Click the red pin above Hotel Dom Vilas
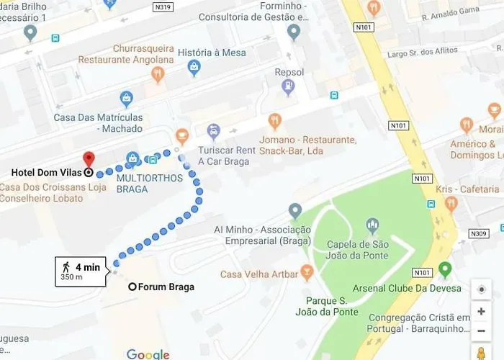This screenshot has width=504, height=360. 89,159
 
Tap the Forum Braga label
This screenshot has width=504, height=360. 166,287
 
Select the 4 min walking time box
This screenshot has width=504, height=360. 81,271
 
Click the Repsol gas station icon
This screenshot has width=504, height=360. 289,87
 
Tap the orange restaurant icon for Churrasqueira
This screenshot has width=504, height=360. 158,73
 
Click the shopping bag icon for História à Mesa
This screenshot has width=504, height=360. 194,68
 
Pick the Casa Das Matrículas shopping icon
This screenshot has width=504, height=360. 127,99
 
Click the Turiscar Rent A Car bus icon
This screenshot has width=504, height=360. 213,131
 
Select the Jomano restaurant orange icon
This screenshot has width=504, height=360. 274,121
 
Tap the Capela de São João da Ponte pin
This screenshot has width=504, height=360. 372,226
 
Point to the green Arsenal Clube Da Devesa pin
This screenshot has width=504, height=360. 445,270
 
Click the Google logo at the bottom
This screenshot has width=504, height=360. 148,354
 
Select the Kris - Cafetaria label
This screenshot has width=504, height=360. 467,189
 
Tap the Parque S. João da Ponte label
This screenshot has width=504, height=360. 326,306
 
